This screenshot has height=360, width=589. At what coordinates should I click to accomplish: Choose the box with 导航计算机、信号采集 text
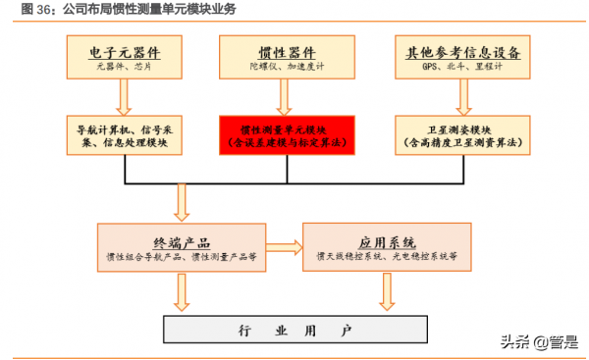click(x=124, y=135)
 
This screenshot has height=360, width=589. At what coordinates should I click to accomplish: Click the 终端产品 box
click(x=181, y=248)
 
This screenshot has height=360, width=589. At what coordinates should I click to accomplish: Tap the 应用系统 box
click(x=388, y=248)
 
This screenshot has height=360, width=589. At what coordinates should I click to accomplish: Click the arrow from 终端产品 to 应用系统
click(x=284, y=248)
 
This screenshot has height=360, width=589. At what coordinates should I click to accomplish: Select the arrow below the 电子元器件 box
click(x=124, y=96)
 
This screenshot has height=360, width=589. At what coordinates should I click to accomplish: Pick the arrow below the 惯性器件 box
click(x=283, y=96)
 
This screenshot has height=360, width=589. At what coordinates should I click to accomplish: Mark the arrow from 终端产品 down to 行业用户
click(x=181, y=290)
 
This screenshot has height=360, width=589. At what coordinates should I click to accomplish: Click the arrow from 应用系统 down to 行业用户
click(x=388, y=290)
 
